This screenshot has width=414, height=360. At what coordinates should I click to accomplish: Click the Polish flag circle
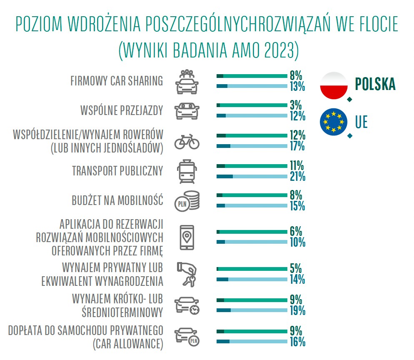tap(333, 86)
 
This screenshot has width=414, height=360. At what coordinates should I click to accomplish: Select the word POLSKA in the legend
tap(375, 85)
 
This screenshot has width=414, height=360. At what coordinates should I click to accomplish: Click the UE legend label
tap(362, 123)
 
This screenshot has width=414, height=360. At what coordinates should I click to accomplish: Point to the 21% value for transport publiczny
tap(298, 177)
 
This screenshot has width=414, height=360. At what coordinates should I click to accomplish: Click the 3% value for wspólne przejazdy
tap(296, 105)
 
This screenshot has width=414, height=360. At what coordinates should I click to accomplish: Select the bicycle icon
tap(187, 141)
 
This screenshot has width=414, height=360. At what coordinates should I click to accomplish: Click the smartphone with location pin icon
tap(187, 237)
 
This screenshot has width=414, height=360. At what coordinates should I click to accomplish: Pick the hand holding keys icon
tap(187, 274)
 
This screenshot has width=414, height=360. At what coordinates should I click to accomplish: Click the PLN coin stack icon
tap(187, 201)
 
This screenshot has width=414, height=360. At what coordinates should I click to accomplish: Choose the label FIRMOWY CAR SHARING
tap(117, 81)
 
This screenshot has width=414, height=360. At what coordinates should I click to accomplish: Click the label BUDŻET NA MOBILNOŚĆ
tap(117, 200)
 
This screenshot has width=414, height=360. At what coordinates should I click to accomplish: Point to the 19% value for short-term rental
tap(298, 310)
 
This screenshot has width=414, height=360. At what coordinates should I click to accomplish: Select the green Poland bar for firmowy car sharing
tap(252, 76)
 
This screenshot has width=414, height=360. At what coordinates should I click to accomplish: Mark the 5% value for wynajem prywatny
tap(296, 269)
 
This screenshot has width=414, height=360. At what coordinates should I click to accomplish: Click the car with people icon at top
tap(187, 81)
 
